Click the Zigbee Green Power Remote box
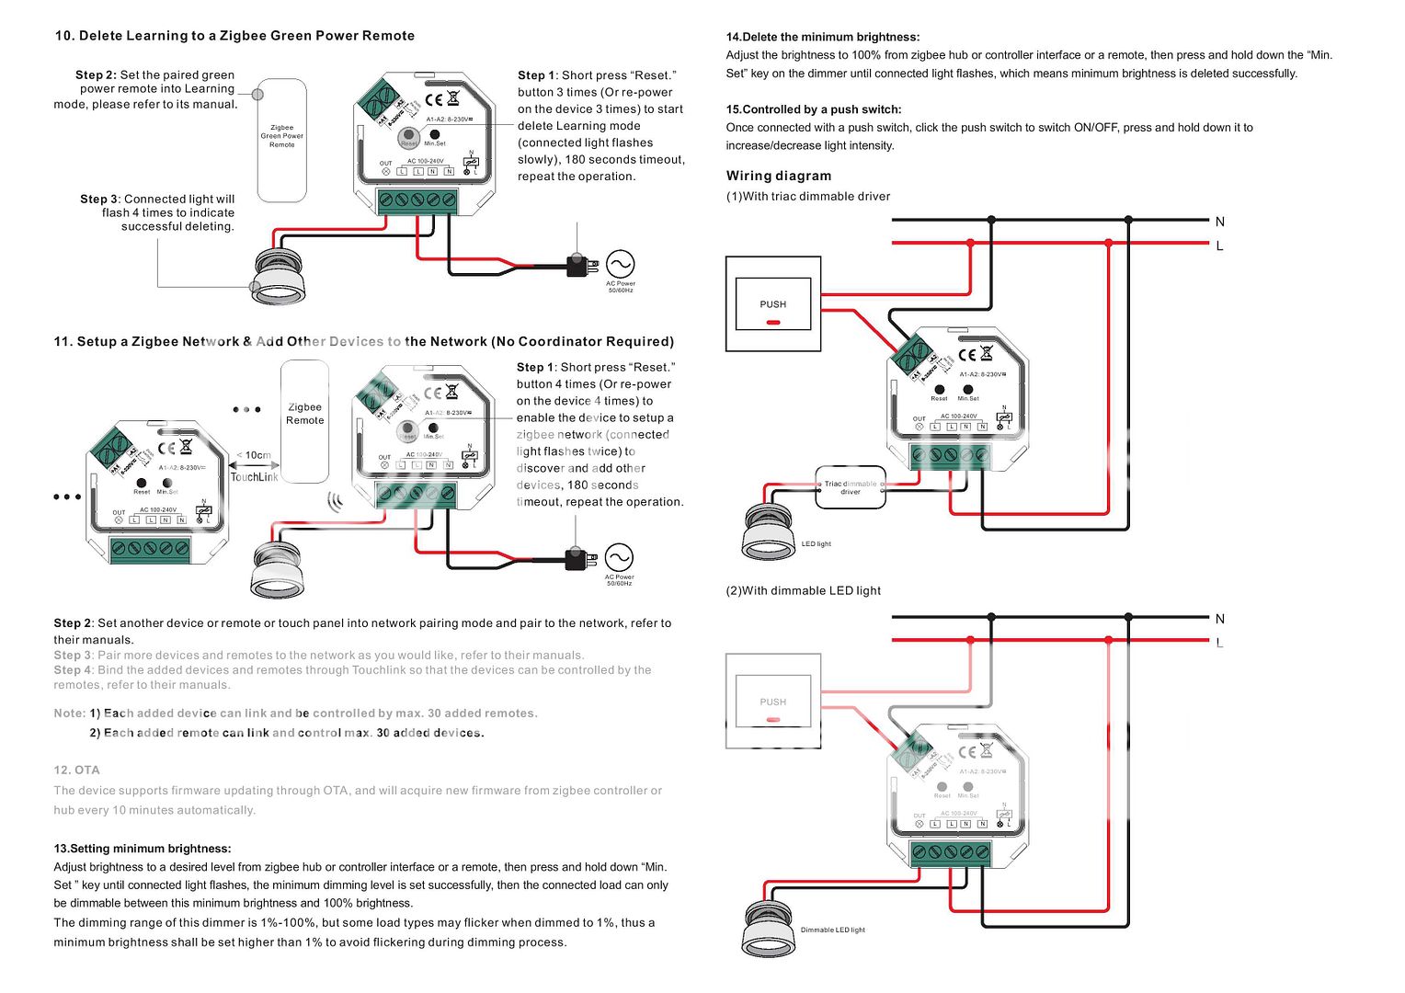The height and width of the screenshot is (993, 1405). click(281, 141)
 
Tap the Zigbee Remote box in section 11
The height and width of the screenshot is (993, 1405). click(304, 420)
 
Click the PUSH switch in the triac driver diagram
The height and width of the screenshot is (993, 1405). click(772, 304)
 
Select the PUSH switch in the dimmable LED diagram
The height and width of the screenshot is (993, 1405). click(772, 702)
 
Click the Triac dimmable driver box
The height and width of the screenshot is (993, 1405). click(851, 487)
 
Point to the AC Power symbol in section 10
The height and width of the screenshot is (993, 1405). click(620, 265)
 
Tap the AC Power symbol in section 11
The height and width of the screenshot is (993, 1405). click(619, 558)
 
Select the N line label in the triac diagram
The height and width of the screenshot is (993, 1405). click(1219, 222)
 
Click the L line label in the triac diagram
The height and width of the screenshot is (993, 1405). click(1219, 246)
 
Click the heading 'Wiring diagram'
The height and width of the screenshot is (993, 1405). click(778, 176)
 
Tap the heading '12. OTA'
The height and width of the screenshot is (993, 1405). click(76, 770)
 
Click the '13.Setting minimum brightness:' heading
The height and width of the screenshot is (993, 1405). click(143, 849)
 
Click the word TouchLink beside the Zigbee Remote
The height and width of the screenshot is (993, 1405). click(254, 477)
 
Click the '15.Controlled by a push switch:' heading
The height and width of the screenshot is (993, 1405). click(813, 109)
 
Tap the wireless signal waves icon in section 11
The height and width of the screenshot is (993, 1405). click(336, 502)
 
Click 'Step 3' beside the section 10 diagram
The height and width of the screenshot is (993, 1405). click(99, 199)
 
